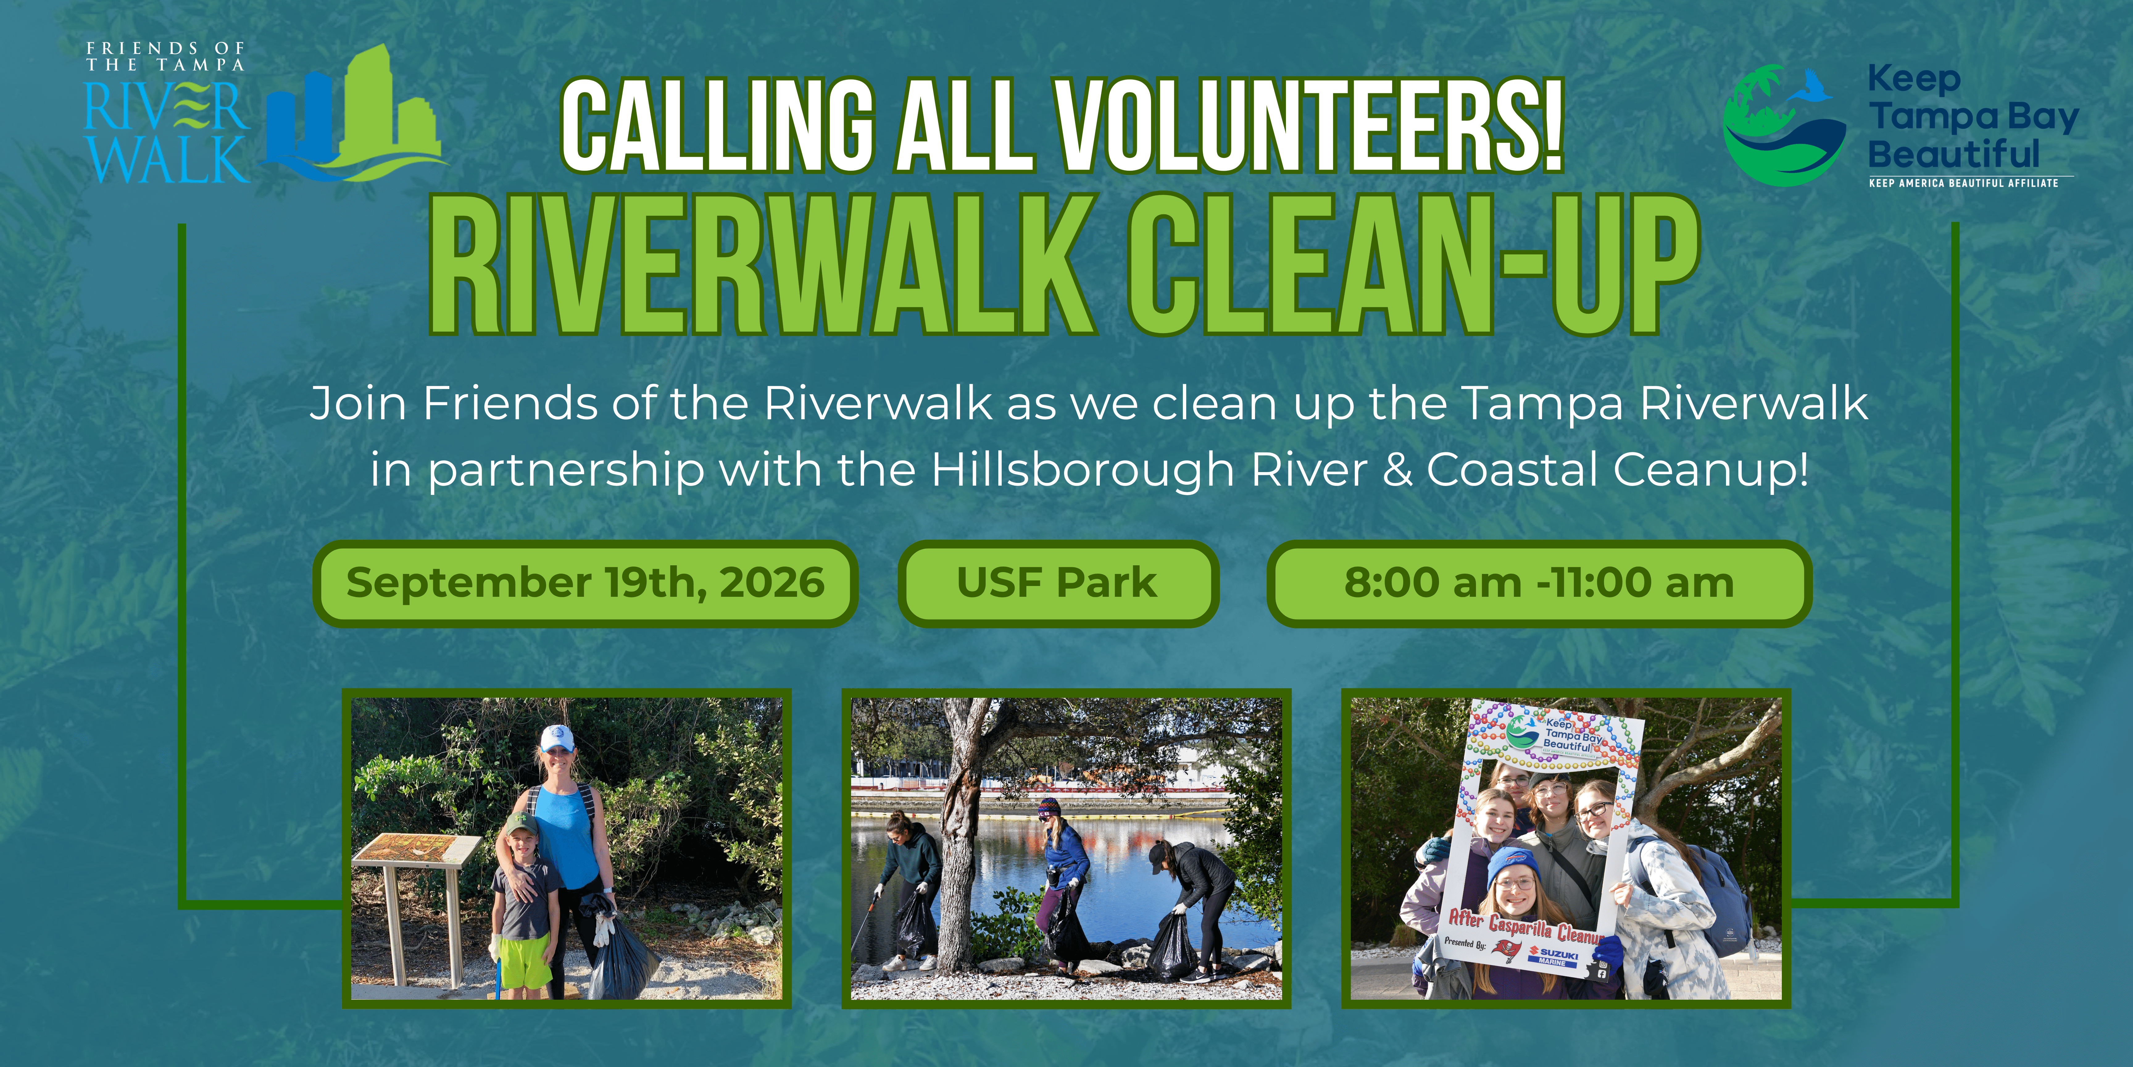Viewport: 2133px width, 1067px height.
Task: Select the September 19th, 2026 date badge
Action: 585,583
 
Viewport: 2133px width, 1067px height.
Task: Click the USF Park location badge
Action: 1057,583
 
